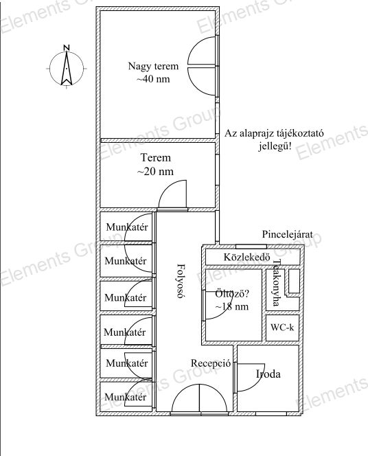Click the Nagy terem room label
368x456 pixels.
[153, 67]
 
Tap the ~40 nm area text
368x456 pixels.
[153, 79]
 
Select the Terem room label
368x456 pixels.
[156, 158]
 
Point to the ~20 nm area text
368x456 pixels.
[155, 171]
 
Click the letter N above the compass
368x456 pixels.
[67, 47]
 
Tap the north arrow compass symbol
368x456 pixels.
[67, 69]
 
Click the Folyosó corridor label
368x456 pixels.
[181, 281]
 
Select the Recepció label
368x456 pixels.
[211, 363]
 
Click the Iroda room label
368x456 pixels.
[268, 374]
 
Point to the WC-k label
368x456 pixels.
[282, 328]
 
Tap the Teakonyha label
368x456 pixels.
[276, 283]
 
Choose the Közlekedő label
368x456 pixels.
[247, 257]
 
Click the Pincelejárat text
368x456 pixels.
[288, 234]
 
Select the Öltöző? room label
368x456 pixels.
[232, 294]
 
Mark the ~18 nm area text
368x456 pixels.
[232, 306]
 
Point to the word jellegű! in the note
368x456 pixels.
[275, 146]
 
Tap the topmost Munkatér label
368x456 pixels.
[127, 227]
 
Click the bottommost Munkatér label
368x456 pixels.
[126, 397]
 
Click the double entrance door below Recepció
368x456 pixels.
[199, 398]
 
